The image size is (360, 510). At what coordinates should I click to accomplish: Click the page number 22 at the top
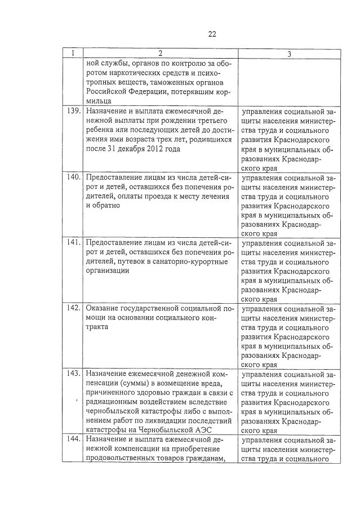pyautogui.click(x=212, y=34)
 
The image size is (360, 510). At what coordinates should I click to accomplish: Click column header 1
pyautogui.click(x=73, y=54)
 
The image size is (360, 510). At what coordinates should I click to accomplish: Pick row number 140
pyautogui.click(x=72, y=178)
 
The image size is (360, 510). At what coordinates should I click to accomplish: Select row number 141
pyautogui.click(x=72, y=243)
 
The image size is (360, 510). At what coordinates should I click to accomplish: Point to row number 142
pyautogui.click(x=72, y=308)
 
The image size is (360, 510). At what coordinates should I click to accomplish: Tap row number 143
pyautogui.click(x=72, y=374)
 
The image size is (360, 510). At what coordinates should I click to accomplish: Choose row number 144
pyautogui.click(x=72, y=439)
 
